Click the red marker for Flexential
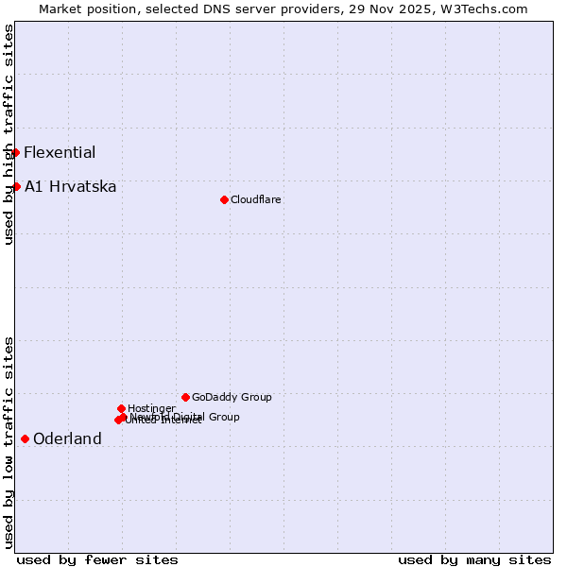click(15, 152)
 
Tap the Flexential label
click(60, 153)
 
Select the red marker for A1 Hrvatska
click(16, 186)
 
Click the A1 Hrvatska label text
click(71, 187)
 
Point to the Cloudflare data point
click(224, 199)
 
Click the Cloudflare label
click(256, 200)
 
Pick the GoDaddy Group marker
click(185, 397)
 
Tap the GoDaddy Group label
click(232, 398)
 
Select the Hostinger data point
click(121, 408)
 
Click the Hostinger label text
click(151, 408)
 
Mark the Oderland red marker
click(25, 438)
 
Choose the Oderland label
click(67, 439)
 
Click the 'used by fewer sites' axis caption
click(97, 559)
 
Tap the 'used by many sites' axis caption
click(474, 559)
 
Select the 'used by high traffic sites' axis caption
click(9, 134)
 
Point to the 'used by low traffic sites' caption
click(9, 442)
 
